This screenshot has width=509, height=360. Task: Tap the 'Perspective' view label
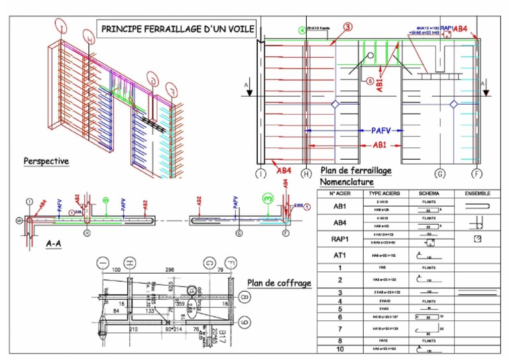(x=46, y=161)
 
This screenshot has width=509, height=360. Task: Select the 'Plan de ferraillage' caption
(x=356, y=171)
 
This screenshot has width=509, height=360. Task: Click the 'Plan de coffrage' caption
(x=279, y=283)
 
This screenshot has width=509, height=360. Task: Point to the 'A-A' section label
(x=55, y=244)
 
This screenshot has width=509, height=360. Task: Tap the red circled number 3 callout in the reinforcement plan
(x=347, y=27)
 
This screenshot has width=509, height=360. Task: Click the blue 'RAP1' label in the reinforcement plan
(x=448, y=29)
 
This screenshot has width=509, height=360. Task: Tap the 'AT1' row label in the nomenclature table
(x=339, y=254)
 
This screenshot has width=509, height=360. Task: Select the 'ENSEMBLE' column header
(x=478, y=194)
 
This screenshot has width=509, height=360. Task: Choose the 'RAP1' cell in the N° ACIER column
(x=339, y=238)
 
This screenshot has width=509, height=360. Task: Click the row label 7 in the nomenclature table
(x=339, y=329)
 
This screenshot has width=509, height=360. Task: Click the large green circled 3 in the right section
(x=267, y=198)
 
